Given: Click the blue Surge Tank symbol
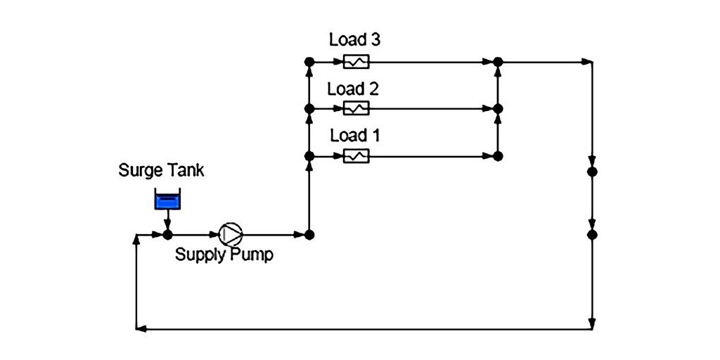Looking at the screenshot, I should point(167,200).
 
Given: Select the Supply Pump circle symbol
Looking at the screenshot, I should point(229,234).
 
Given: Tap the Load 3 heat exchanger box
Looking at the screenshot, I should point(356,62).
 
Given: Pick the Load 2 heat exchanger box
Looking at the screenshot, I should point(356,109).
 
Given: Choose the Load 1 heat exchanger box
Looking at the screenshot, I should point(356,156).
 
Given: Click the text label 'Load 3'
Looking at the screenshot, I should point(355,40).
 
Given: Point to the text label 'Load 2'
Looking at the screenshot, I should point(353,89).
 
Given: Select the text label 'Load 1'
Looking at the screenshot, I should point(354,136).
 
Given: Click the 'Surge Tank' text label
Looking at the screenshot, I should point(161,170).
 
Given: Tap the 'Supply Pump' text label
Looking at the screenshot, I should point(224,255).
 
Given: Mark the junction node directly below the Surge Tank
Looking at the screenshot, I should point(167,234).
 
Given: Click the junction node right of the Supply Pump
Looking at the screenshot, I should point(309,234).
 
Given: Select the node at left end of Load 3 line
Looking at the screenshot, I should point(309,62).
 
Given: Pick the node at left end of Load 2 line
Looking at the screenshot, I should point(309,109).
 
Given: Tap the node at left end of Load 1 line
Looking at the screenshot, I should point(309,156).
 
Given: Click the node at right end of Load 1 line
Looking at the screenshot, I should point(498,156).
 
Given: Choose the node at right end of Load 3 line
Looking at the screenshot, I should point(498,62).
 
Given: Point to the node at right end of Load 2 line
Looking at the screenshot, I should point(498,109).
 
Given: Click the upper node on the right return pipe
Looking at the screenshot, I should point(592,172).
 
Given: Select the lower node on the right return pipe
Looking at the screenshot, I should point(592,234).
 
